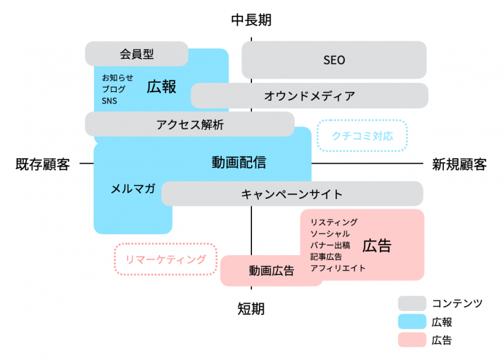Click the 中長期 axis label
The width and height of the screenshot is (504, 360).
tap(251, 20)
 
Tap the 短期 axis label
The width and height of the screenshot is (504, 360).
tap(251, 308)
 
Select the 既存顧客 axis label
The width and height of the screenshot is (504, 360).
tap(43, 164)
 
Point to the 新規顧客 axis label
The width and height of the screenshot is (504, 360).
tap(459, 164)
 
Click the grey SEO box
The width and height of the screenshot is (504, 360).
tap(334, 60)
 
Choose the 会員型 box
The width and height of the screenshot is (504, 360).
tap(137, 53)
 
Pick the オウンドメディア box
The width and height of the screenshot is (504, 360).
tap(309, 96)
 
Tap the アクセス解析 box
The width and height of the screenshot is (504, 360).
tap(190, 124)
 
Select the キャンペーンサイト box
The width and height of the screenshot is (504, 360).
tap(291, 193)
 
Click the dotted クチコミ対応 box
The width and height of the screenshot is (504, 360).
tap(362, 135)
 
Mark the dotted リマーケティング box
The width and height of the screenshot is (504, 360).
tap(166, 260)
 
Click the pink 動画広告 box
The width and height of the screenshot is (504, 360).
tap(271, 271)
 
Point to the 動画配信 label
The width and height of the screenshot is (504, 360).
tap(238, 163)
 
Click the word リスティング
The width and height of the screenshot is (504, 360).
tap(334, 222)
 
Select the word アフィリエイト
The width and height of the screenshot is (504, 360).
tap(338, 267)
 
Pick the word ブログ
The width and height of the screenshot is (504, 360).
tap(114, 89)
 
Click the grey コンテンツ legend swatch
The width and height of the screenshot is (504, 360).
tap(411, 303)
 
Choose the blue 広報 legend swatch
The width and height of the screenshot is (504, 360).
tap(411, 321)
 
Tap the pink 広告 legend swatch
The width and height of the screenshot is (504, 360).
tap(411, 339)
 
